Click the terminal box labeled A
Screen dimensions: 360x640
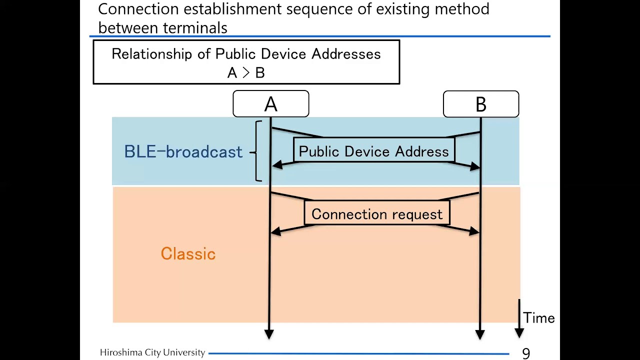[x=270, y=104]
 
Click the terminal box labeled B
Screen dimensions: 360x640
[x=480, y=104]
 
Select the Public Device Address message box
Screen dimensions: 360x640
[x=373, y=151]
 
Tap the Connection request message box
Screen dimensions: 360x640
[x=376, y=214]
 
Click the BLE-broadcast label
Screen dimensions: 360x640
[x=183, y=152]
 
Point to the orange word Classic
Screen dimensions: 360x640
[x=188, y=253]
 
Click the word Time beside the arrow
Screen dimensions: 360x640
[x=538, y=318]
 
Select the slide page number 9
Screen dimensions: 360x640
[x=525, y=353]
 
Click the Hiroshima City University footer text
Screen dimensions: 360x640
[x=152, y=352]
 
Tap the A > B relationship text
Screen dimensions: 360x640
[x=246, y=73]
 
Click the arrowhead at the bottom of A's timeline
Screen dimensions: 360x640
[x=269, y=334]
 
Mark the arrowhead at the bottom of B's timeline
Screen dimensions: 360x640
[x=480, y=334]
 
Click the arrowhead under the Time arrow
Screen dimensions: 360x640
[x=519, y=332]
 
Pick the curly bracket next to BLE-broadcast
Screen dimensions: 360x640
[x=257, y=151]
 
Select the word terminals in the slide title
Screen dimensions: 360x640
[x=196, y=28]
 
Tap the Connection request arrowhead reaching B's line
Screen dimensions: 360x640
[x=474, y=231]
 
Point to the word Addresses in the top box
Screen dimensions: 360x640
[x=346, y=54]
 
